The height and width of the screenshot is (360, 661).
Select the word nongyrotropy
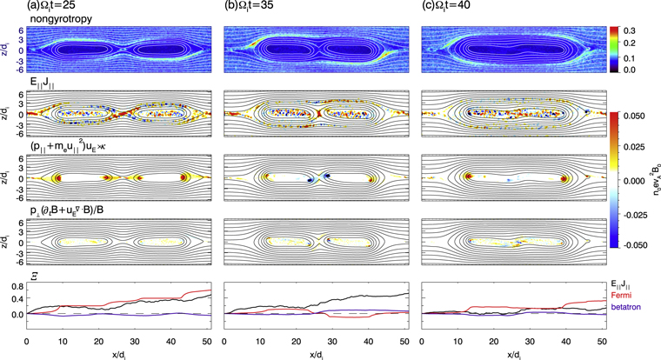click(x=57, y=18)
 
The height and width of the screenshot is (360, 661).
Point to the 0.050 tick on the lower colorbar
click(x=640, y=114)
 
